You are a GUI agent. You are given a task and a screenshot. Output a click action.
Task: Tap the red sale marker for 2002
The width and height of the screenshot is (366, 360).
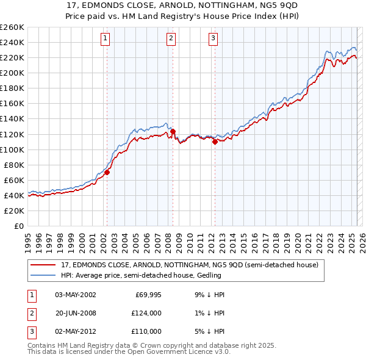coord(107,172)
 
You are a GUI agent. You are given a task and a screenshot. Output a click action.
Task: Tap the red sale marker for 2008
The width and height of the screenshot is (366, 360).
coord(173,131)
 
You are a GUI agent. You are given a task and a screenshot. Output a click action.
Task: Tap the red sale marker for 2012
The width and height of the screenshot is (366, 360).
coord(215,142)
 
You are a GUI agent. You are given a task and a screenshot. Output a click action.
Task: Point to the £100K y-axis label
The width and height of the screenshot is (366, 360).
coord(12,149)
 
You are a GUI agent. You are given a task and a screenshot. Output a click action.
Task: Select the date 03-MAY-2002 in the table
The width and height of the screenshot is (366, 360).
coord(75,295)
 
